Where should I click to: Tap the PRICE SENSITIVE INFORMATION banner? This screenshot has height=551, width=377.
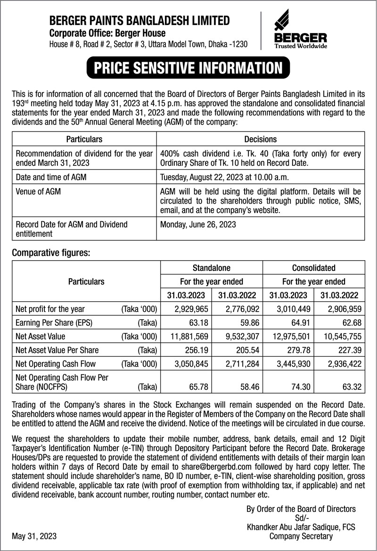click(188, 67)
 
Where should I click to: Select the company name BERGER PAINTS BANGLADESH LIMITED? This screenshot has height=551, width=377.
click(139, 20)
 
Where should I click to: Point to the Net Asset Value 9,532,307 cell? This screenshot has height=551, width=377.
click(237, 337)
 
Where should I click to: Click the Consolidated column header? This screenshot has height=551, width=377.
click(313, 268)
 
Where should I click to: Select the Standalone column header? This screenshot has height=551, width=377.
click(212, 268)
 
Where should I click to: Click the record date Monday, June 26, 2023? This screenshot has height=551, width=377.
click(198, 224)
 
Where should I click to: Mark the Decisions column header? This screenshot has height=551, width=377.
click(261, 140)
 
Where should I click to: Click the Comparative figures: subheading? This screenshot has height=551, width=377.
click(50, 253)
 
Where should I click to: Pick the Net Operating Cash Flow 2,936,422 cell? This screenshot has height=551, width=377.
click(339, 363)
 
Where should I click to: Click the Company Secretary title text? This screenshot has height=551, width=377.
click(301, 536)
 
